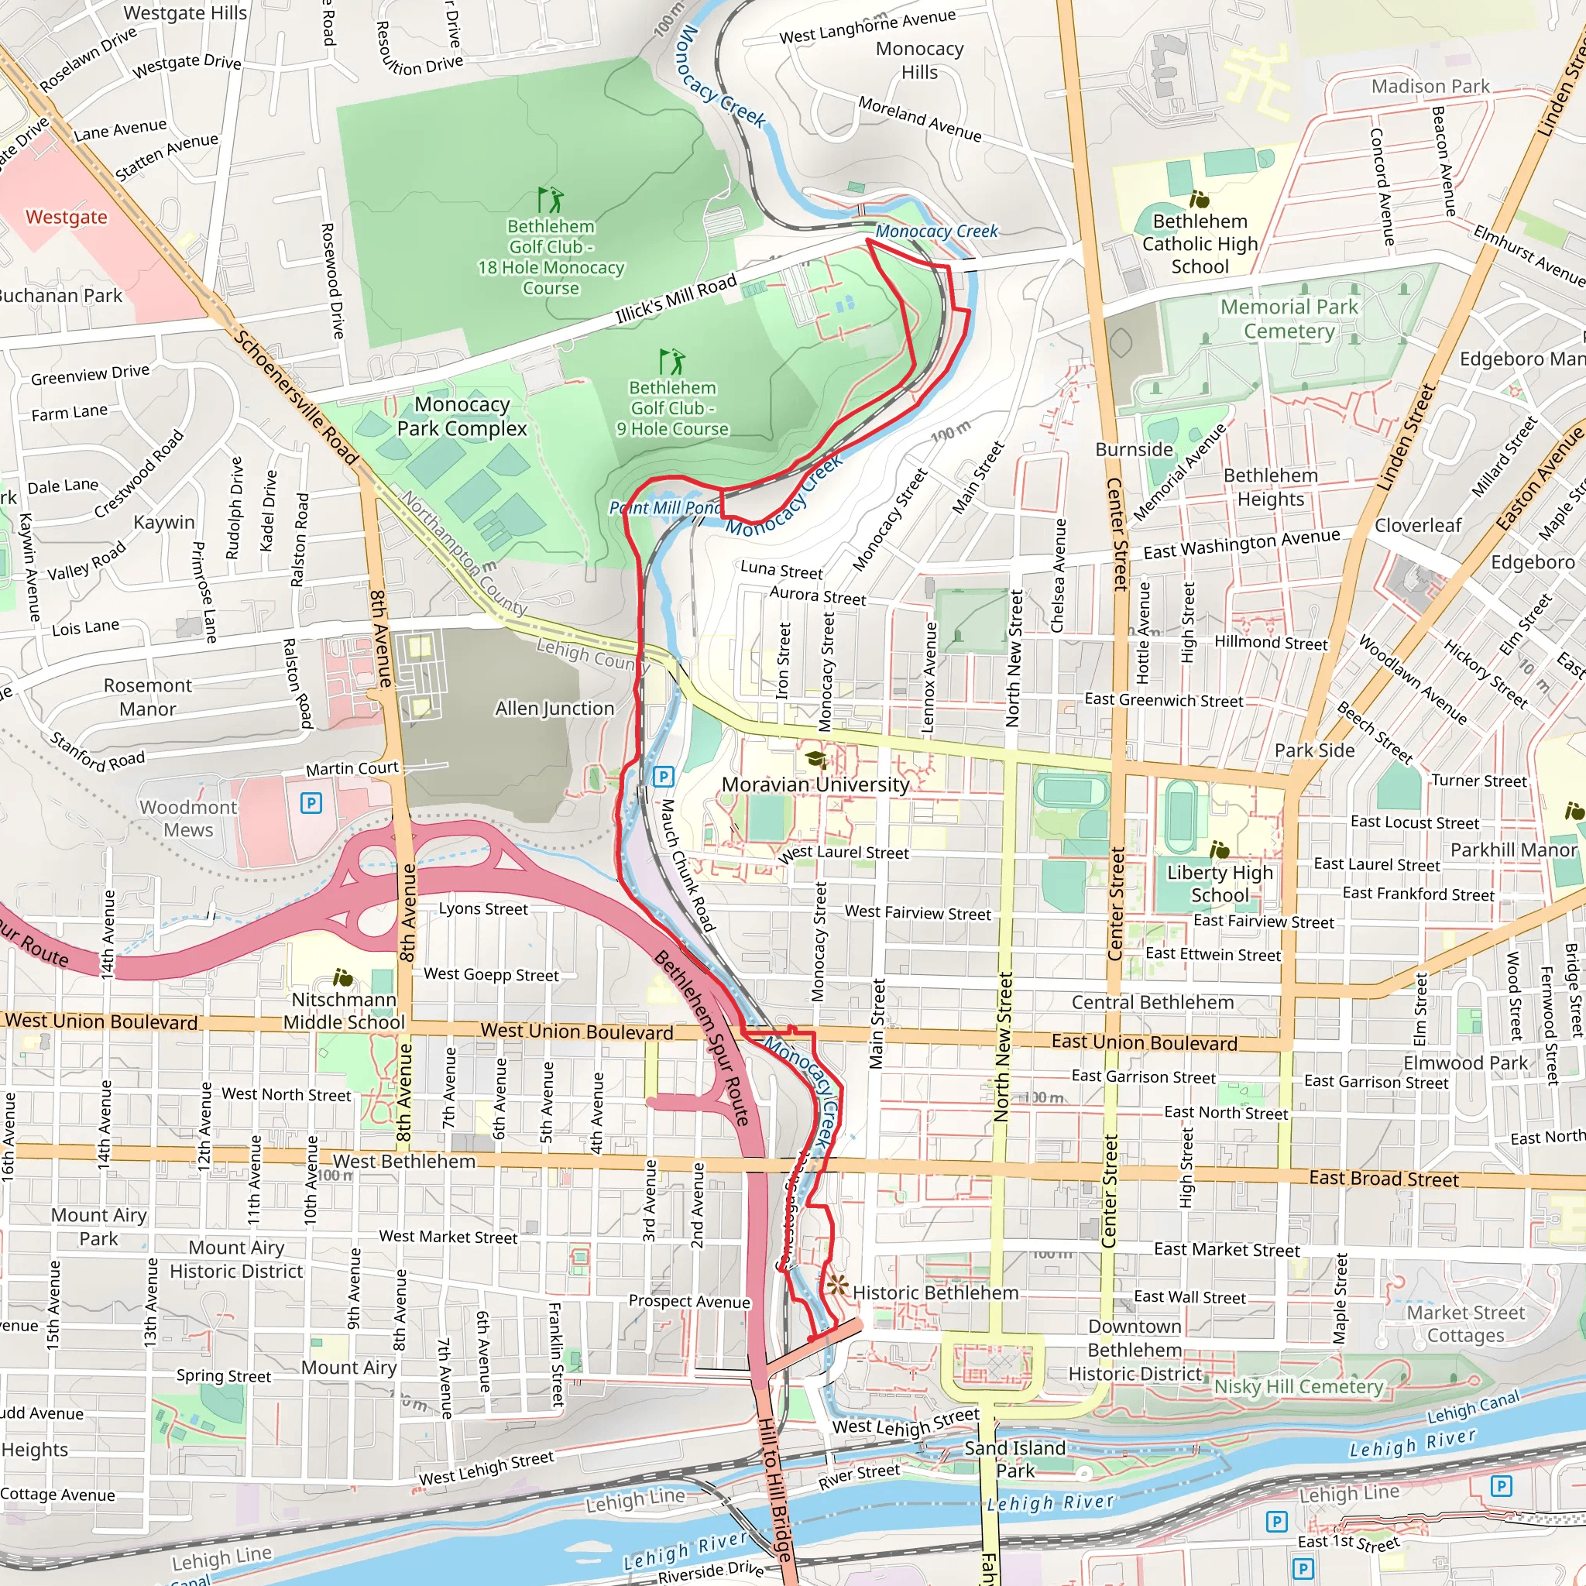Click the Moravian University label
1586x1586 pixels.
[815, 784]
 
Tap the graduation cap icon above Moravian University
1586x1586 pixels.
[816, 758]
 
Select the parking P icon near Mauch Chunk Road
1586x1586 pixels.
[664, 776]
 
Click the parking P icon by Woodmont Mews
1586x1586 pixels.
[311, 802]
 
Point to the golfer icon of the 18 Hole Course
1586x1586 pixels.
[551, 200]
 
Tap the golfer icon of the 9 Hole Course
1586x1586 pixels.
[671, 361]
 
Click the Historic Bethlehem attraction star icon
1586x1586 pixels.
[837, 1285]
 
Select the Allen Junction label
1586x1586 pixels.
[554, 708]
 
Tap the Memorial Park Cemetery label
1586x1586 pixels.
[1289, 318]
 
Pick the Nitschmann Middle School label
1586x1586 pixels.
[344, 1011]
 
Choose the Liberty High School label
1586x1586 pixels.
[1220, 884]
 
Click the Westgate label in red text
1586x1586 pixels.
[66, 217]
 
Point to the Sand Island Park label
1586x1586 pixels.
[1015, 1459]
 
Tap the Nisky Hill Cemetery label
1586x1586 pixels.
[1299, 1386]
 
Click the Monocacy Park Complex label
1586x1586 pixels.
[462, 416]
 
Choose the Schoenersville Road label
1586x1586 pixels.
[296, 397]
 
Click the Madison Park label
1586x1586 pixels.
[1430, 86]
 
